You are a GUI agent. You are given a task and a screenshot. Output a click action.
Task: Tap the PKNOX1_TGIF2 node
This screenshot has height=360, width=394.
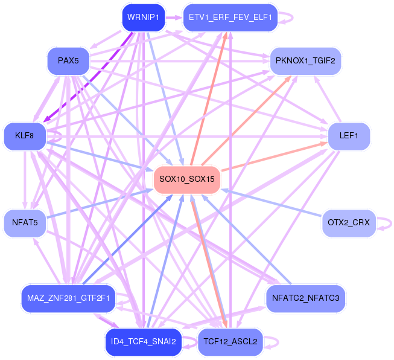(x=305, y=60)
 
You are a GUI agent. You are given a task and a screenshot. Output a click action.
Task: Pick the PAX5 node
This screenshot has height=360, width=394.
(x=68, y=60)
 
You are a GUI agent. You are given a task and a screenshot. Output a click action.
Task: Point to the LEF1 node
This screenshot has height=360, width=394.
(x=349, y=136)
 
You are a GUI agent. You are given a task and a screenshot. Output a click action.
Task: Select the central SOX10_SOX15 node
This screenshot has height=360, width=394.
(x=186, y=179)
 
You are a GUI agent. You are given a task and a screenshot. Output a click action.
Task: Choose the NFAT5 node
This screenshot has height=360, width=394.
(x=25, y=223)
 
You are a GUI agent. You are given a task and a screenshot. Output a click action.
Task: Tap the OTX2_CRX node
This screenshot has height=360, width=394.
(x=349, y=223)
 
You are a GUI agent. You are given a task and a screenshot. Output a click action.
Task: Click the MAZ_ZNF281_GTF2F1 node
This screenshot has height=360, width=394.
(x=68, y=298)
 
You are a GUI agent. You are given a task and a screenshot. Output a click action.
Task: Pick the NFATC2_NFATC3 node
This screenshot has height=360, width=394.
(x=305, y=298)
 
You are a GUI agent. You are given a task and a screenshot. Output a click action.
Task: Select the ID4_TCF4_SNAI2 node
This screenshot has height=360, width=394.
(x=143, y=341)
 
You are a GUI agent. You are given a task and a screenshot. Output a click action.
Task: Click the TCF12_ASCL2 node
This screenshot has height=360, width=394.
(x=230, y=341)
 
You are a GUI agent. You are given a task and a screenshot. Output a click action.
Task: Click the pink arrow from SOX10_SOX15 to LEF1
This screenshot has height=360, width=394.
(x=272, y=156)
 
